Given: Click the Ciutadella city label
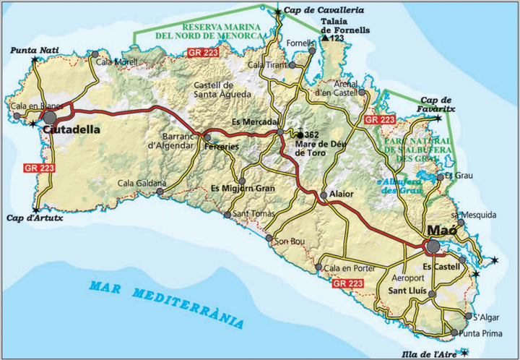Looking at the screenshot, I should [70, 130].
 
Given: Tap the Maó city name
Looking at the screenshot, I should [441, 231].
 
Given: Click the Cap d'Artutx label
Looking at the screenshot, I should [35, 217].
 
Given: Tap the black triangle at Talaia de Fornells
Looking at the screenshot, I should [325, 38].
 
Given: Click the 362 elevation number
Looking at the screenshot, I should [311, 135].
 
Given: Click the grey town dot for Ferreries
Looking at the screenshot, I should [207, 137].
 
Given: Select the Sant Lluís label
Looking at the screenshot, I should [408, 291].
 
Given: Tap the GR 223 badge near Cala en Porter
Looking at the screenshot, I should [348, 284].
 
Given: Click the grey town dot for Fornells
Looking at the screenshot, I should [312, 51].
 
